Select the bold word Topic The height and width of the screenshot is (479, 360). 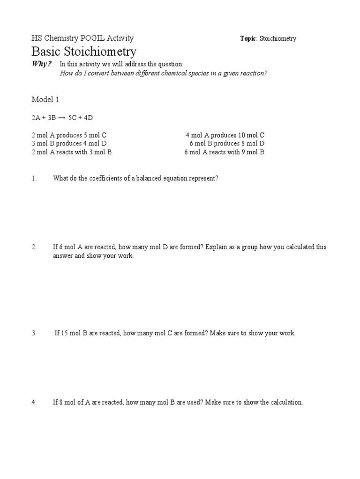[248, 39]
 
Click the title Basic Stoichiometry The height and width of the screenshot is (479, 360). [84, 51]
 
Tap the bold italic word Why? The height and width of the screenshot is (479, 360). [41, 64]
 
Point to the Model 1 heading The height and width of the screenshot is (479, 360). [45, 100]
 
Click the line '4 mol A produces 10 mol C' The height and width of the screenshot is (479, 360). [225, 135]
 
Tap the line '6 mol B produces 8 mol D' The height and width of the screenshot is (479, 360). [227, 144]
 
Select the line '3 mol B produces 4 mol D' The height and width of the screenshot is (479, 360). [69, 144]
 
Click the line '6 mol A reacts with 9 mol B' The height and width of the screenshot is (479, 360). [225, 152]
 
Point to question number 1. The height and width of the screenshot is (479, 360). [34, 178]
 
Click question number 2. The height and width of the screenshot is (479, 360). [34, 247]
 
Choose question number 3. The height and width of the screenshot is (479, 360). [34, 333]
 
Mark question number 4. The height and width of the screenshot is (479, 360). [34, 402]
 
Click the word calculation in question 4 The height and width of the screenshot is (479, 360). [285, 402]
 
